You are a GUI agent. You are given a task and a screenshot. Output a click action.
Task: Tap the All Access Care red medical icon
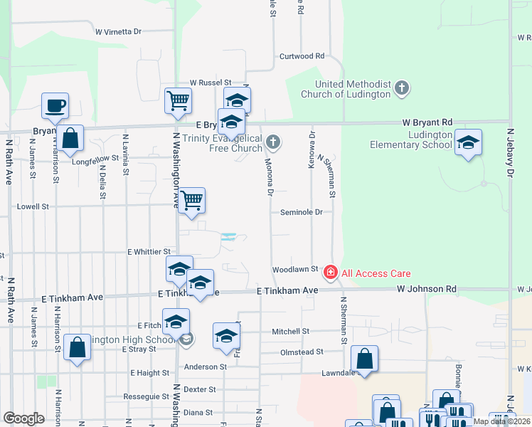tap(330, 273)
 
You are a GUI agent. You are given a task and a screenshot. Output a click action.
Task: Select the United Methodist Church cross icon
tap(402, 88)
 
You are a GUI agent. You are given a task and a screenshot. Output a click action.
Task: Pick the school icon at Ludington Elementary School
tap(468, 143)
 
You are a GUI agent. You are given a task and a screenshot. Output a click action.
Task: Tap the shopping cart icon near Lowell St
tap(192, 201)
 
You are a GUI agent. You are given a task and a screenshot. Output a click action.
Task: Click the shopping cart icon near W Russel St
tap(178, 100)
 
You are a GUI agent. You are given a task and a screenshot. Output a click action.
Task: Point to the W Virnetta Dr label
tap(118, 32)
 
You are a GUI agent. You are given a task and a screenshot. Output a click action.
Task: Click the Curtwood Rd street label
tap(302, 56)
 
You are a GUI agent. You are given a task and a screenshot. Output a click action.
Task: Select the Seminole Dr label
tap(301, 212)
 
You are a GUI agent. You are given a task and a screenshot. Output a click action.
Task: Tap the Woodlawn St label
tap(294, 270)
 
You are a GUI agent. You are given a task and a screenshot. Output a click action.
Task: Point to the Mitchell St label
tap(290, 332)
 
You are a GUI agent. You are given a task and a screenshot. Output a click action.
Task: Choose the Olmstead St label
tap(302, 352)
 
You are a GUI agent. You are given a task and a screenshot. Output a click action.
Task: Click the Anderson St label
tap(205, 367)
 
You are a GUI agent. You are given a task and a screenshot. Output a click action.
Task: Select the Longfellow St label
tap(95, 159)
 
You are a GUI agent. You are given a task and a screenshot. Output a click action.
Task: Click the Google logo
tap(23, 418)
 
